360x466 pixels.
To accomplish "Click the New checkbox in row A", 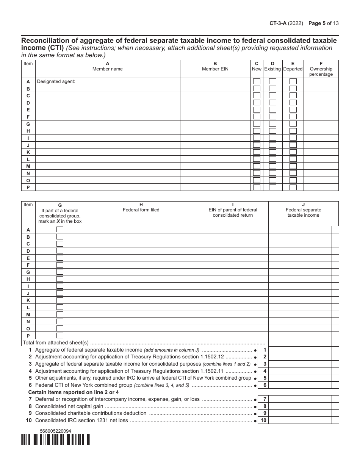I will pos(257,81).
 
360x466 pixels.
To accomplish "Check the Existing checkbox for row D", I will pos(272,103).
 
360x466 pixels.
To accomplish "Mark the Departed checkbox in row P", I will pos(293,187).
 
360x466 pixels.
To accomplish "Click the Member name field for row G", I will pos(108,124).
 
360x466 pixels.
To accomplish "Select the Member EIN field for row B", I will pos(215,89).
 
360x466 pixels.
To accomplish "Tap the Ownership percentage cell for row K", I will pos(321,152).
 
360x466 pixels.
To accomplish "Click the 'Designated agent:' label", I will pos(56,81).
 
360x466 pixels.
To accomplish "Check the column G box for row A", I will pos(60,230).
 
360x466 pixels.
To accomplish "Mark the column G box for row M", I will pos(60,314).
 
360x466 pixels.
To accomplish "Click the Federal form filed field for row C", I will pos(141,244).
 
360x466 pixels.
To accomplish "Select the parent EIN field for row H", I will pos(233,279).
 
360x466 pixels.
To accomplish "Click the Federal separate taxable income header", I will pos(303,213).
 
